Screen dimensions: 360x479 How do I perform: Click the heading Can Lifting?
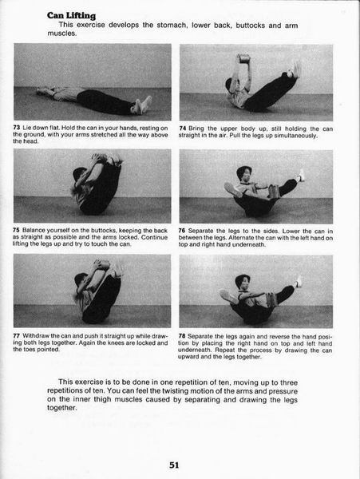71,16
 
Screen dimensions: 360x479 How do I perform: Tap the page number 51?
174,465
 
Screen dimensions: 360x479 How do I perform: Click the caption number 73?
17,128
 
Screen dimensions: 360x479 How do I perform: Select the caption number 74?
183,129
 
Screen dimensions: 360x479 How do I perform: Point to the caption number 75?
16,230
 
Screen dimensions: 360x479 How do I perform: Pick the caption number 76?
182,231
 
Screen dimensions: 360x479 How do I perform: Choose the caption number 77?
17,336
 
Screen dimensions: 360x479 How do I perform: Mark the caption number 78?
182,336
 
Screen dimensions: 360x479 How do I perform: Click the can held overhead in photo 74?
243,58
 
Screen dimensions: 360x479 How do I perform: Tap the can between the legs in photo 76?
272,192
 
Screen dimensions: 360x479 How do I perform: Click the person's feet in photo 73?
141,105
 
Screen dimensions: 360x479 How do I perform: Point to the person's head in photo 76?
244,173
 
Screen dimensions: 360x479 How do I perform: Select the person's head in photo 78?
243,283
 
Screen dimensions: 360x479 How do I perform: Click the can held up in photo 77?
102,264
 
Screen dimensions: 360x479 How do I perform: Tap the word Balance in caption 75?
34,231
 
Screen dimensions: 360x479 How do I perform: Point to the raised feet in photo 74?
295,69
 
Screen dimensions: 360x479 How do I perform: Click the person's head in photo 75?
80,174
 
